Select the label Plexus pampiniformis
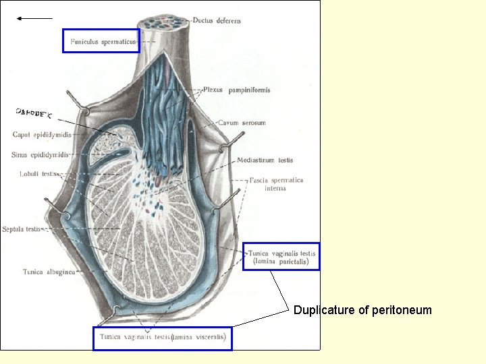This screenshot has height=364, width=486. (237, 90)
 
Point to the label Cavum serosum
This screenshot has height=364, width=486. (242, 123)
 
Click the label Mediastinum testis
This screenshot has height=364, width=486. (265, 160)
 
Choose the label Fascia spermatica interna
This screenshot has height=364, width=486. (276, 184)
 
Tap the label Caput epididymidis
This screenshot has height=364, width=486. (42, 135)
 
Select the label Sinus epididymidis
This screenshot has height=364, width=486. (40, 154)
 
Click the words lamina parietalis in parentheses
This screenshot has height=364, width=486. (283, 261)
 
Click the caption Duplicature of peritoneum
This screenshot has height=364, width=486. (362, 310)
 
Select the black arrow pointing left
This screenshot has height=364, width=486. (34, 19)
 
